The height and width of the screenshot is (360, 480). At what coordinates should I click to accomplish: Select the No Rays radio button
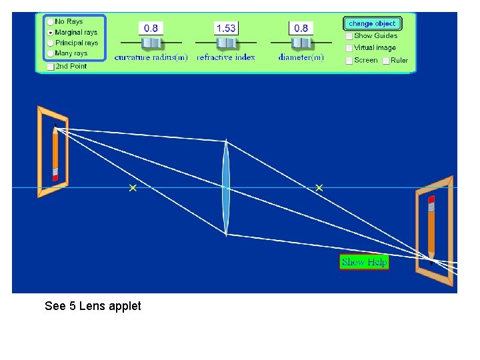click(51, 22)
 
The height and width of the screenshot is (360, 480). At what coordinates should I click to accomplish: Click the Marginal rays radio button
click(51, 32)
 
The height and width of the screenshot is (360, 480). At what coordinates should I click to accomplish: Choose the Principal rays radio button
click(51, 43)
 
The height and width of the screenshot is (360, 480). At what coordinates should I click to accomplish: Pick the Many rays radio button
click(51, 53)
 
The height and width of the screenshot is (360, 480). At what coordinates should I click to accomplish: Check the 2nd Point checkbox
click(51, 66)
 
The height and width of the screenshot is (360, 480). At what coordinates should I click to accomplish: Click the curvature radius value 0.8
click(151, 28)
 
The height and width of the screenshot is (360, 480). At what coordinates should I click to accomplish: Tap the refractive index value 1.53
click(226, 28)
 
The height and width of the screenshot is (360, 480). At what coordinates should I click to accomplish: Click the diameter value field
click(301, 28)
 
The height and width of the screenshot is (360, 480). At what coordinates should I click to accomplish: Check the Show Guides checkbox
click(349, 36)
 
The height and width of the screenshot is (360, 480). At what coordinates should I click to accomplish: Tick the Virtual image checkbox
click(349, 48)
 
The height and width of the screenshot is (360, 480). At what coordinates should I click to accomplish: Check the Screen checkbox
click(349, 60)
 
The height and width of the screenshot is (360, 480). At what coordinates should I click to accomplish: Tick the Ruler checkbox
click(386, 60)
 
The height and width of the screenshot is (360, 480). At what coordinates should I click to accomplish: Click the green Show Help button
click(364, 262)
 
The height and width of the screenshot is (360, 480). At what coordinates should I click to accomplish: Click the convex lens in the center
click(226, 188)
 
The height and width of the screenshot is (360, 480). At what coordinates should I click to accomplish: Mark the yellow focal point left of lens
click(133, 189)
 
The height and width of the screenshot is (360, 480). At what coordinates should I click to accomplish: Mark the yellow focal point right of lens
click(319, 188)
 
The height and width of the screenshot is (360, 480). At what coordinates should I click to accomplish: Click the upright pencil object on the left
click(55, 154)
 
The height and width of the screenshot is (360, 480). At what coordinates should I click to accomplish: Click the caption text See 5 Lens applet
click(93, 306)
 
